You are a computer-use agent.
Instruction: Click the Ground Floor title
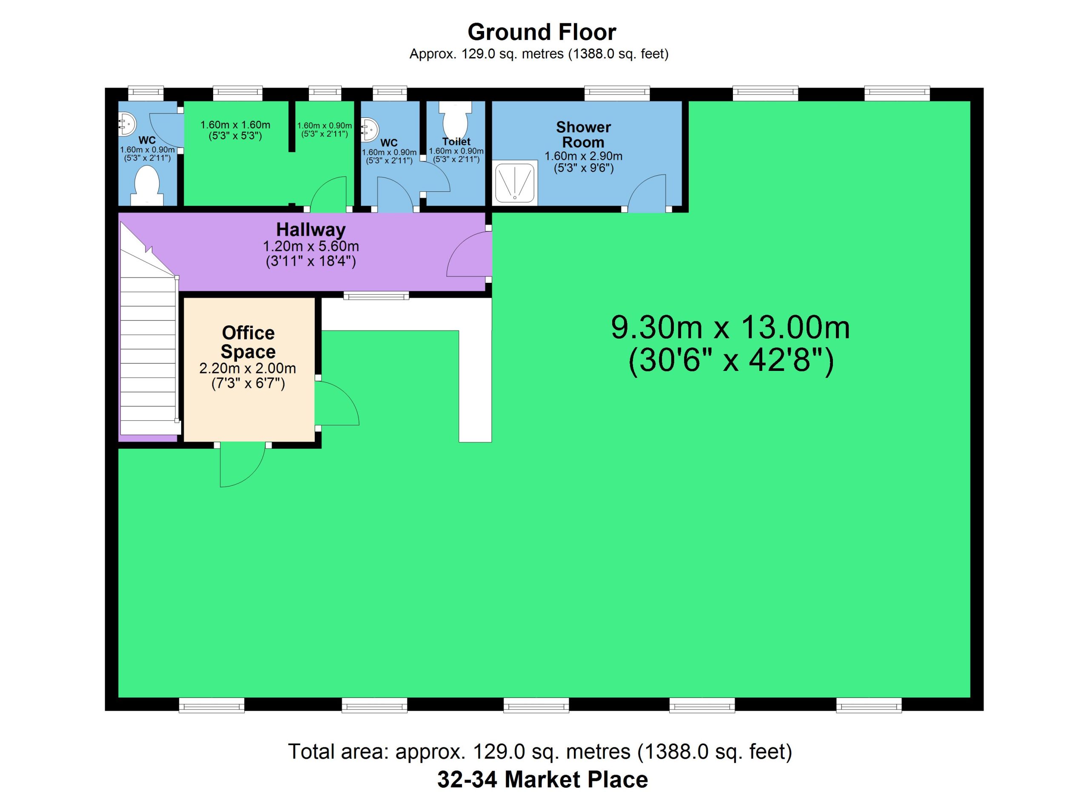542,32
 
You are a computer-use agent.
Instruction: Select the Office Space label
248,342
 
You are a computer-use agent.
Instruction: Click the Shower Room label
583,134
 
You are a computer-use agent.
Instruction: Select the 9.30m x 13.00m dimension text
730,328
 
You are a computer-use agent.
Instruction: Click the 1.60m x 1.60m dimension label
235,125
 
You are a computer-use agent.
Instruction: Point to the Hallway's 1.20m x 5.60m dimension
311,246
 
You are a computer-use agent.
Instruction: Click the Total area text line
540,752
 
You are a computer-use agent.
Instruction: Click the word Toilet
456,142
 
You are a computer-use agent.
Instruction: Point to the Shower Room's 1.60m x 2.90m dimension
583,156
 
